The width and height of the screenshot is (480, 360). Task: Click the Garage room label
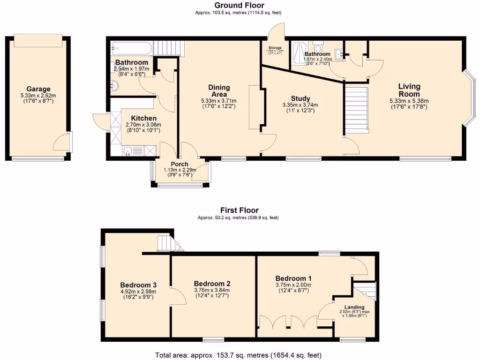38,89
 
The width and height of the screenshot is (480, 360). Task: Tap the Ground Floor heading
239,5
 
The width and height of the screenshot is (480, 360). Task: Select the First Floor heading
239,210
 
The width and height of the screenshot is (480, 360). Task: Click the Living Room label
409,90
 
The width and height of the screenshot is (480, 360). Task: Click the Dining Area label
219,91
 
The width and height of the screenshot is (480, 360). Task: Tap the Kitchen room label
143,118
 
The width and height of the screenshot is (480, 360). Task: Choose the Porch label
180,164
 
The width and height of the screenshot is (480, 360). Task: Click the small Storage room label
275,48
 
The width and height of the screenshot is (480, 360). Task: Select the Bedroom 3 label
138,285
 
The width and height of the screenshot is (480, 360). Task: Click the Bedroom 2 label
212,284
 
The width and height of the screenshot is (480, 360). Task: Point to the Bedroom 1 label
293,278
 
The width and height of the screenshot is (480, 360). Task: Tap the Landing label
354,307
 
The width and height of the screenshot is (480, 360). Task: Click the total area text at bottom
239,355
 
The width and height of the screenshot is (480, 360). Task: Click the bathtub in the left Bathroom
131,47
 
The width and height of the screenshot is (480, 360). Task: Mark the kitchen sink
128,150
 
